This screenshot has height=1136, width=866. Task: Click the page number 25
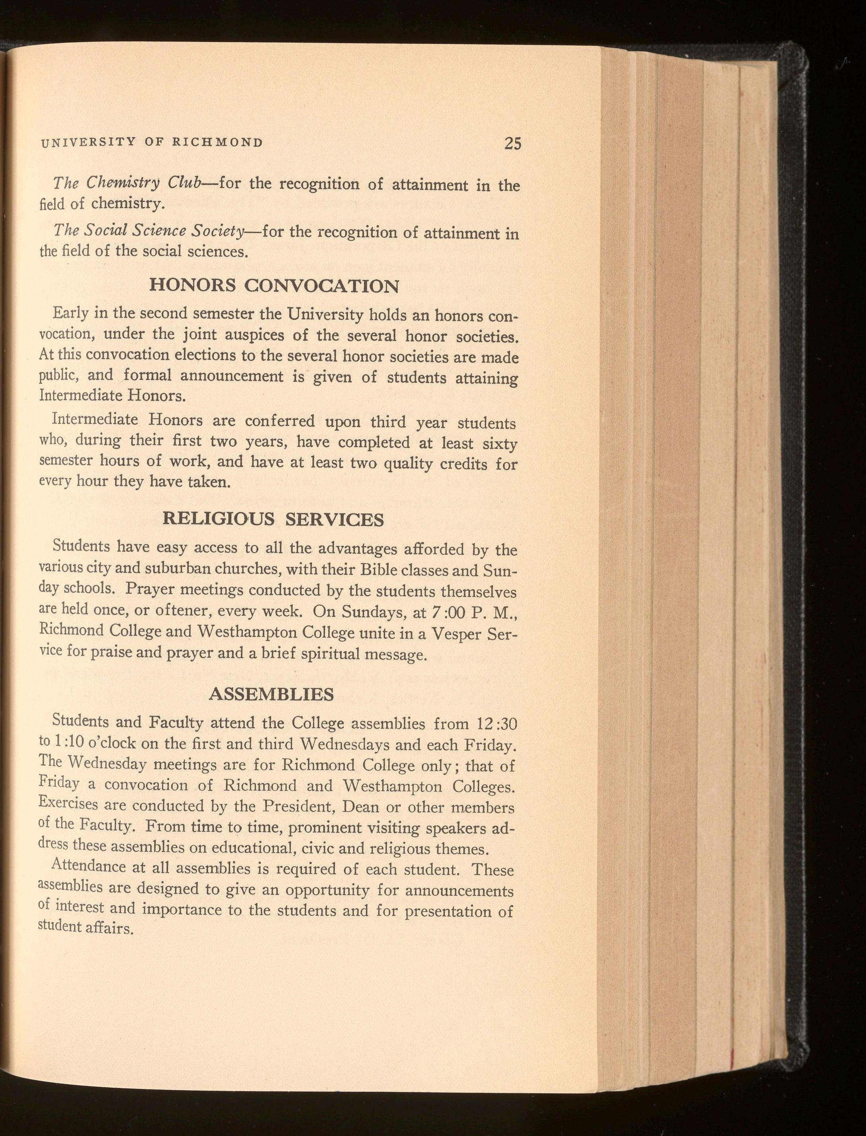coord(513,143)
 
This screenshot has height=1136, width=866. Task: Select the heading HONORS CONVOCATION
coord(274,285)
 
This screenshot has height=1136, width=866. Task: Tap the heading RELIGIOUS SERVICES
coord(273,519)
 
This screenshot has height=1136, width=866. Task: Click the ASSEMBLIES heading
coord(271,694)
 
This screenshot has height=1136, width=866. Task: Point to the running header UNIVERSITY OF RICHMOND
coord(152,142)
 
